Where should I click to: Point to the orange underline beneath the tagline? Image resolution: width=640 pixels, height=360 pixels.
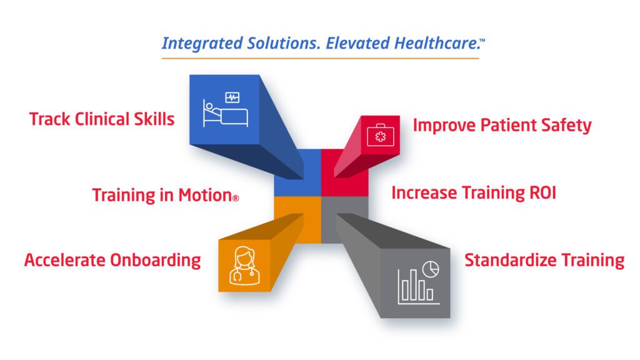(320, 58)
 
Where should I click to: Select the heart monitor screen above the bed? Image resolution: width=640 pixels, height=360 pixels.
(232, 97)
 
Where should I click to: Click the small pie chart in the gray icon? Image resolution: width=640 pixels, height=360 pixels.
(431, 269)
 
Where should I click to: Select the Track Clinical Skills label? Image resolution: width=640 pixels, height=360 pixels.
(102, 119)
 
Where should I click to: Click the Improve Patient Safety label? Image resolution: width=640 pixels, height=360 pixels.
(502, 125)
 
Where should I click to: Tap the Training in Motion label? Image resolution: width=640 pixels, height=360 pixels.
(162, 195)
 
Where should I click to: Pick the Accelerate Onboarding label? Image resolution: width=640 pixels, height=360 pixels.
(112, 260)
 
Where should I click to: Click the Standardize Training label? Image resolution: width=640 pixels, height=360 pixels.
(544, 260)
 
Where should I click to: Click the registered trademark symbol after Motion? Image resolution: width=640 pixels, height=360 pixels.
(236, 198)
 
